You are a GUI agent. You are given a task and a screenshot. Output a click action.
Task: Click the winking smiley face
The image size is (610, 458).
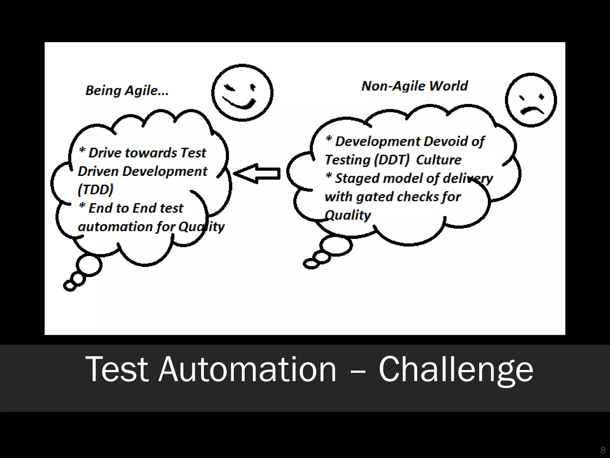point(242,93)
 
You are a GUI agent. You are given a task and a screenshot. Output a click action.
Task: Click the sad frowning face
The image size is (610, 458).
point(531,100)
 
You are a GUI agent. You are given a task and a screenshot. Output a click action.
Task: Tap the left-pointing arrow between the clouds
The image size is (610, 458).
point(257,173)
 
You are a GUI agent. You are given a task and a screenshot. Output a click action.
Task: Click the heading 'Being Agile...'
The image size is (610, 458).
point(127,90)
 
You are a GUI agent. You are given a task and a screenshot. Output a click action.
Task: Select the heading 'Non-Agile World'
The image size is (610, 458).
point(414,86)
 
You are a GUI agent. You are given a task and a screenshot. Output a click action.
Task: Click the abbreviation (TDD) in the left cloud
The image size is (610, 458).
point(96,189)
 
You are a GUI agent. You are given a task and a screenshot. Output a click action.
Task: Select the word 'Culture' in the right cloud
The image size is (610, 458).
point(439,160)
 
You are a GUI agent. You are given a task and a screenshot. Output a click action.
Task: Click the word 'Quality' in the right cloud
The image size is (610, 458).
point(348,215)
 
